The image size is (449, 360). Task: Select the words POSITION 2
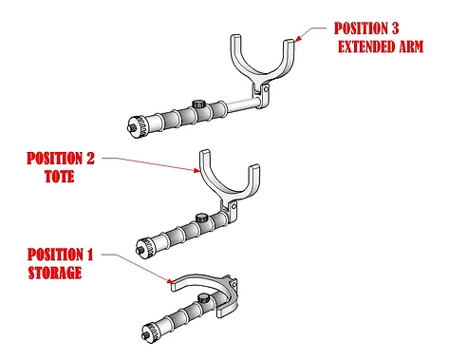click(x=62, y=157)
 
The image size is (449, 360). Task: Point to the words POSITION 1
click(x=62, y=255)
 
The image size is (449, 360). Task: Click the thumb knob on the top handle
click(x=198, y=103)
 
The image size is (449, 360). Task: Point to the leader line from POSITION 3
click(x=313, y=33)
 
